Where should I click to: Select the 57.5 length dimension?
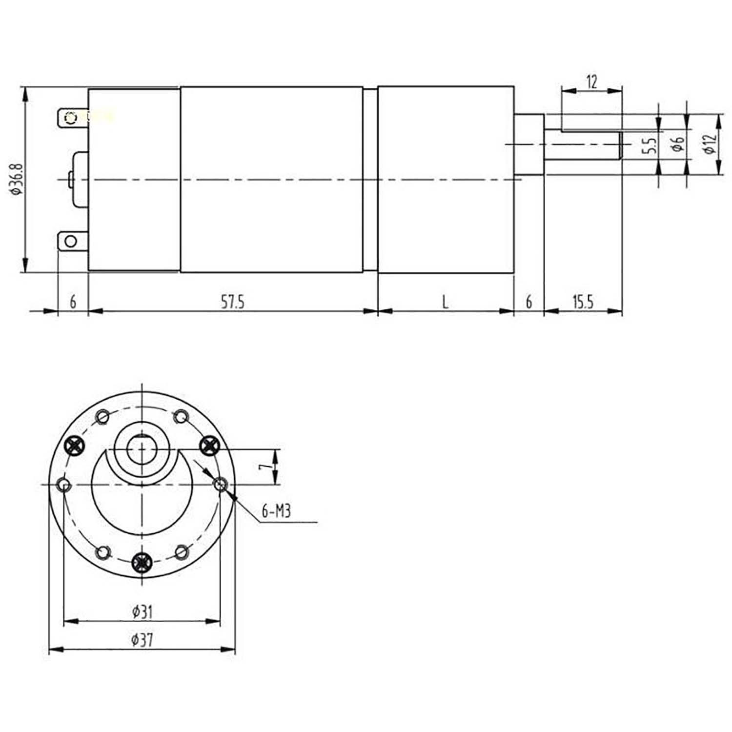232,302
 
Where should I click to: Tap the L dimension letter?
445,302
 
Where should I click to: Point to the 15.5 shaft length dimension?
583,302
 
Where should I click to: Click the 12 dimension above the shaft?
591,81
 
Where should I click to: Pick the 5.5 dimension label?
649,145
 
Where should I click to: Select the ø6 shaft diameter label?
678,144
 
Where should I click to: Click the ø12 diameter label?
710,144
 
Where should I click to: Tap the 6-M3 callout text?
276,511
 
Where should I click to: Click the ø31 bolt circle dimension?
142,611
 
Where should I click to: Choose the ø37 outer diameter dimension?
142,639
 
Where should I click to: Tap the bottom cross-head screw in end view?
142,563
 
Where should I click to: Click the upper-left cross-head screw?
75,445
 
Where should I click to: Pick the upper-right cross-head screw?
209,445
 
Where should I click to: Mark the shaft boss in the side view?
529,145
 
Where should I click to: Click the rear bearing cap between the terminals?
80,180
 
